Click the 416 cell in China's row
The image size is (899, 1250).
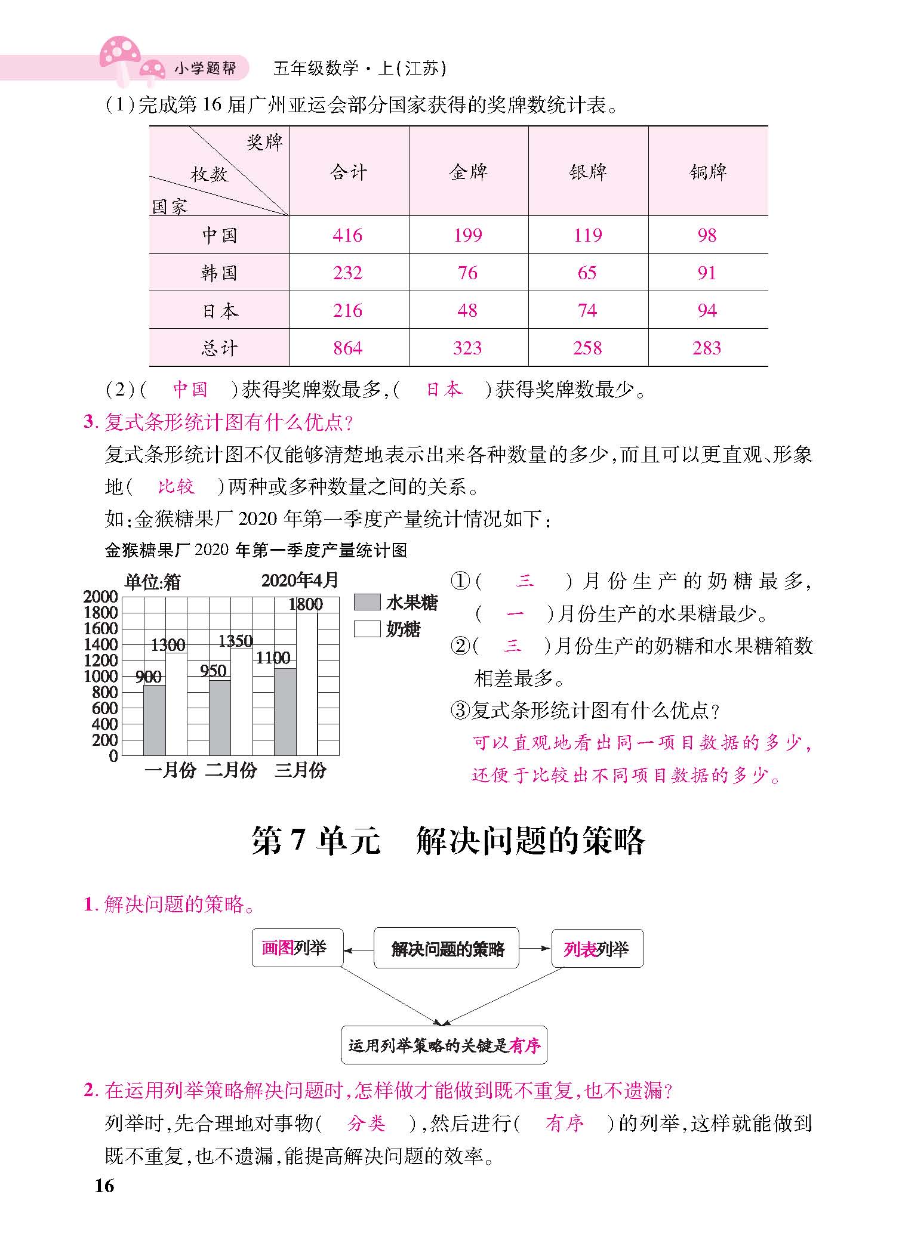[348, 235]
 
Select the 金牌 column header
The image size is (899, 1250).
[468, 172]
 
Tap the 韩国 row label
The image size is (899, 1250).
[219, 273]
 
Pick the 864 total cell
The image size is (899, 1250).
[348, 348]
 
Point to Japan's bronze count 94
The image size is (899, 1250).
[707, 310]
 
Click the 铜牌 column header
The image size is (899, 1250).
[708, 172]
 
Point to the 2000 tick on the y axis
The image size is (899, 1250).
[100, 597]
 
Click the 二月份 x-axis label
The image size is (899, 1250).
[231, 770]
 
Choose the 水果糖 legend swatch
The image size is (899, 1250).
[367, 602]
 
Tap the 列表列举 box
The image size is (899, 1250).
[598, 948]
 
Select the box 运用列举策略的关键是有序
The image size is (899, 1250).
[444, 1045]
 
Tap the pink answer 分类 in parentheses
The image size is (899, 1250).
[367, 1124]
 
